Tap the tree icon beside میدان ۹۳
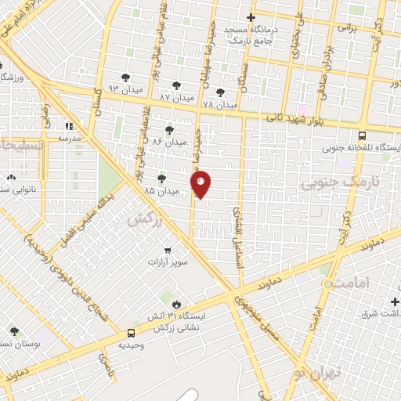tap(126, 78)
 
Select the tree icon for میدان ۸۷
tap(175, 85)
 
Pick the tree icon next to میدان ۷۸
tap(229, 92)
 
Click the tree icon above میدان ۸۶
tap(169, 130)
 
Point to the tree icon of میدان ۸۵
tap(161, 179)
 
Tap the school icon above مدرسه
tap(69, 125)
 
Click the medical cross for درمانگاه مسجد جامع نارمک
tap(251, 17)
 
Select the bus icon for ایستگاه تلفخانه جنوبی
tap(362, 135)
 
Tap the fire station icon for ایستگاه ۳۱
tap(177, 304)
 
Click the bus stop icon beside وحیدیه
tap(130, 332)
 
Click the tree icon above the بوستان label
tap(14, 332)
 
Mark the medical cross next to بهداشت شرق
tap(392, 302)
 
